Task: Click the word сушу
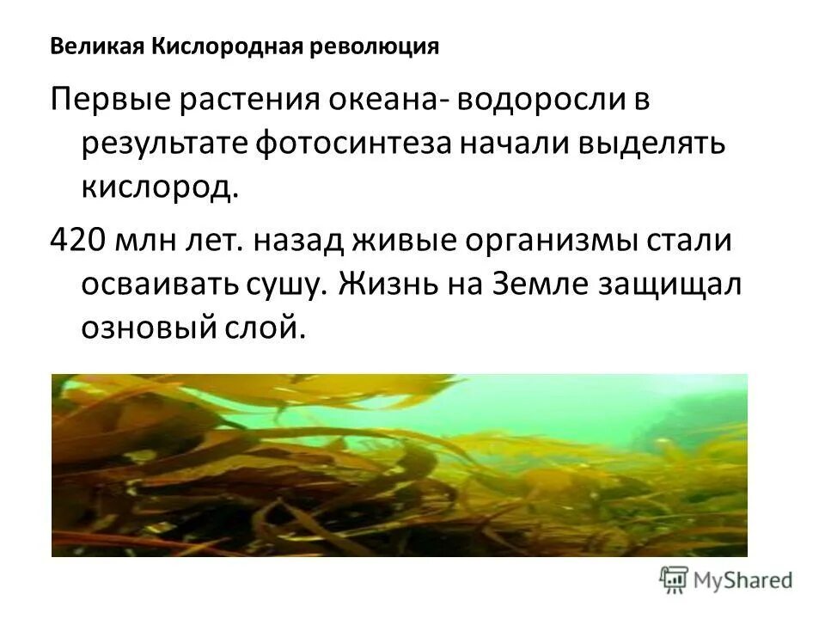[289, 281]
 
